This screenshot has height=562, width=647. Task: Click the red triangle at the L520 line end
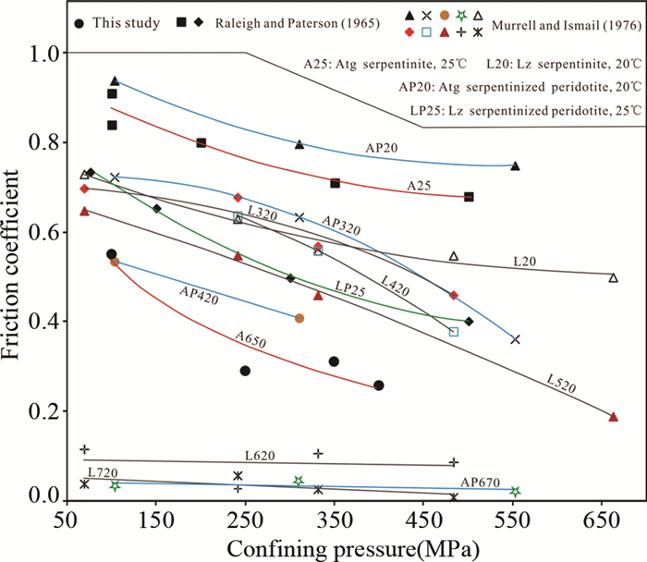click(614, 417)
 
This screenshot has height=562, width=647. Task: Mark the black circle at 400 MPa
click(379, 385)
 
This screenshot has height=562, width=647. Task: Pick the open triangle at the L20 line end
click(614, 277)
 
